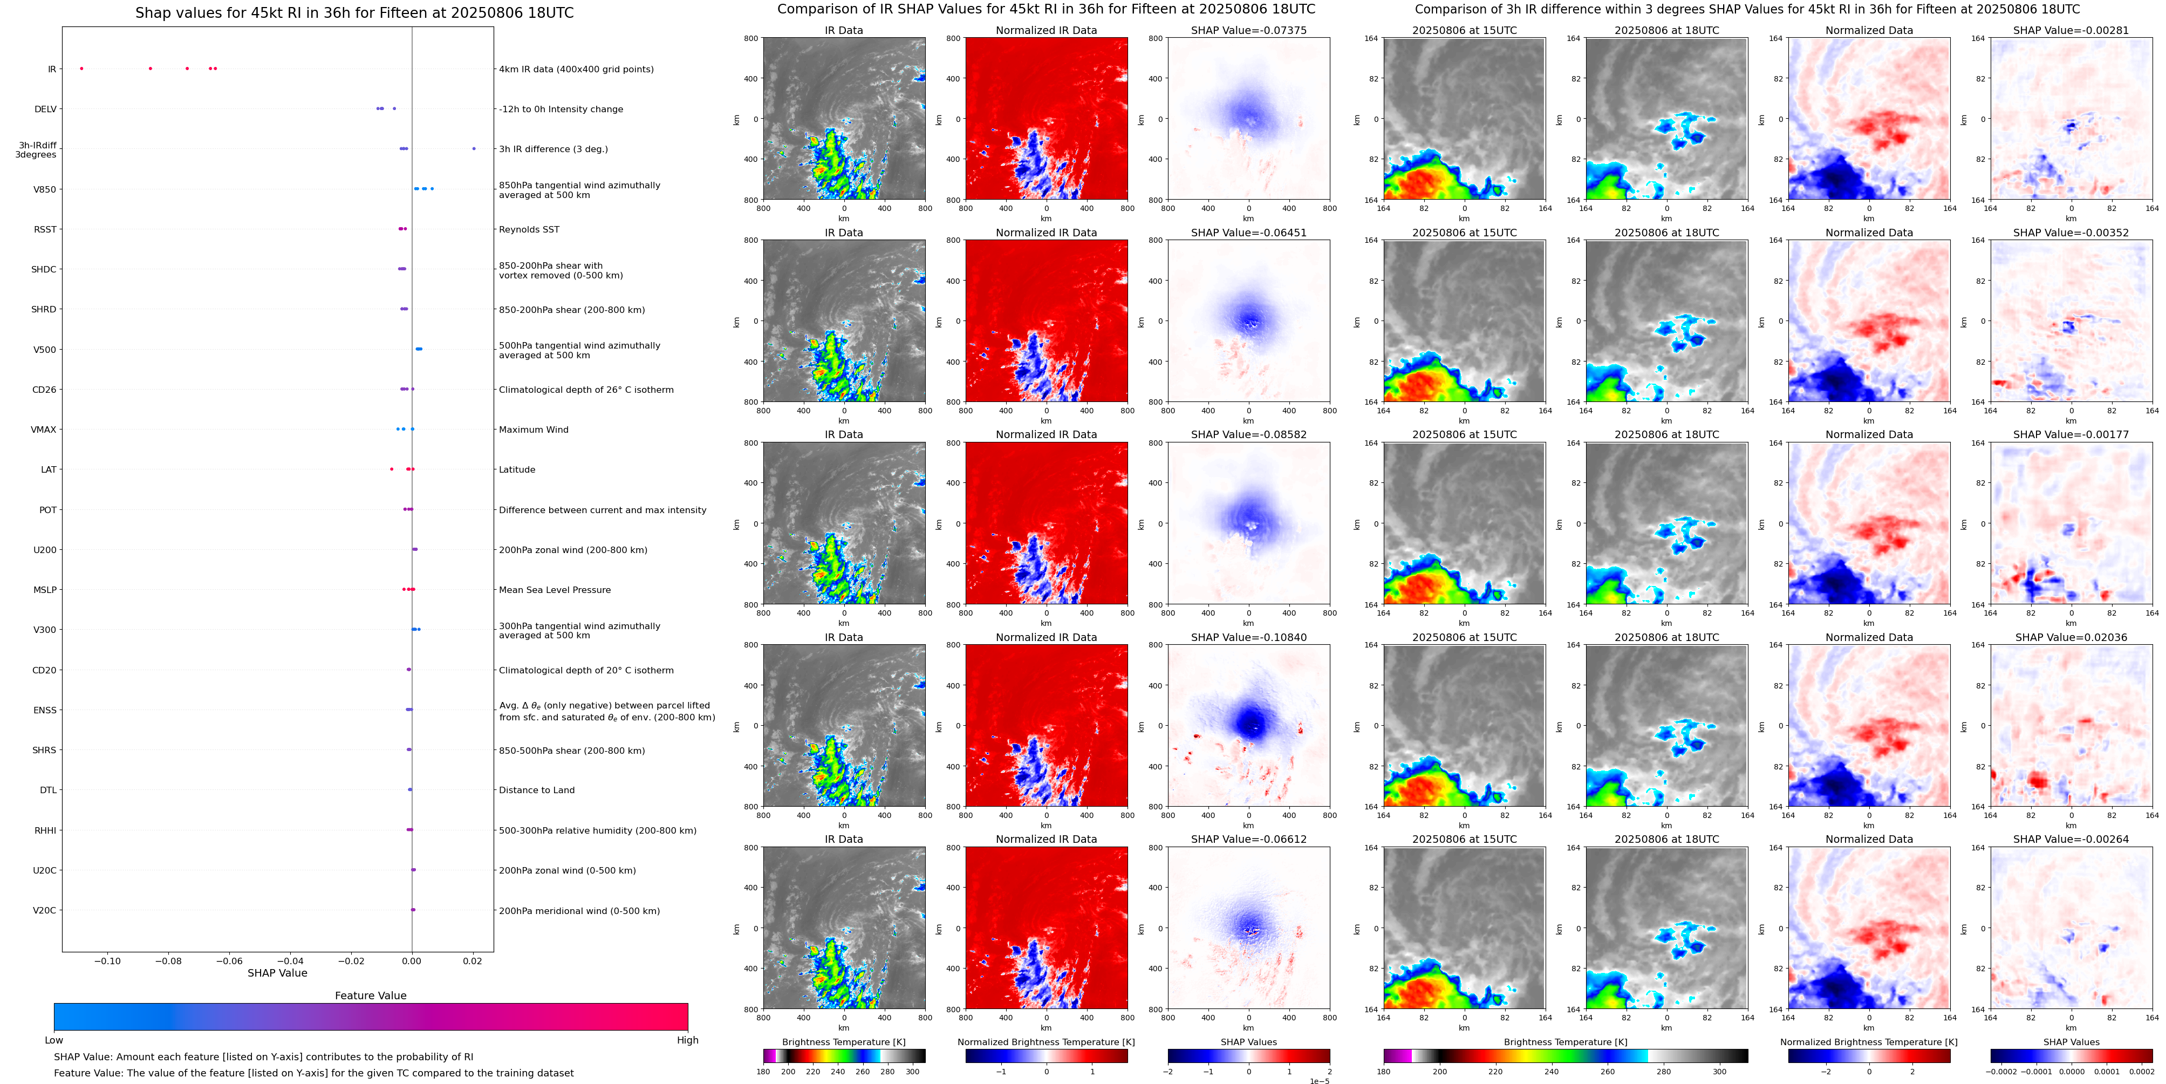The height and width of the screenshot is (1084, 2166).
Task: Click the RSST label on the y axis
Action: (45, 229)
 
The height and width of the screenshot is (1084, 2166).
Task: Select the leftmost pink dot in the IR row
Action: (81, 68)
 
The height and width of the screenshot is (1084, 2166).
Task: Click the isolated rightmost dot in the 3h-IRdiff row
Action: (474, 149)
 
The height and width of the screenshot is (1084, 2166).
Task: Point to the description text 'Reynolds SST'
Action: (529, 229)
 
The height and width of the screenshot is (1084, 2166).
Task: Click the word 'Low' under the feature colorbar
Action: (54, 1040)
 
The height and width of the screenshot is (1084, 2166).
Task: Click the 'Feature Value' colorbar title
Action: (370, 996)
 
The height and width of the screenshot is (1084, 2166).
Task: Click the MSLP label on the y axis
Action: (45, 590)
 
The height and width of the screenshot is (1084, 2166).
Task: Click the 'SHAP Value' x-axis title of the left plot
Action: (277, 973)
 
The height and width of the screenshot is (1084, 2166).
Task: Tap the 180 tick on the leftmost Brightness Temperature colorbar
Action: (763, 1072)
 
